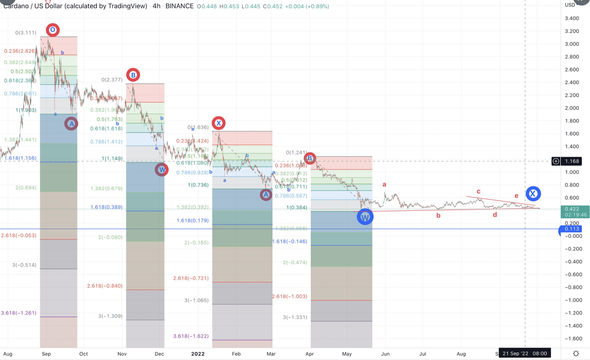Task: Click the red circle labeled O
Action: point(53,30)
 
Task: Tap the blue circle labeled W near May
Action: point(365,217)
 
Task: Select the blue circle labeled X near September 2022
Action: point(533,193)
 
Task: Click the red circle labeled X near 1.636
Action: point(219,123)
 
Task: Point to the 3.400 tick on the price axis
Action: point(572,18)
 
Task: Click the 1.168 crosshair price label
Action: point(572,161)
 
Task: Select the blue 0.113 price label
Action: point(572,229)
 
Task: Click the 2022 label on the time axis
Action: point(198,354)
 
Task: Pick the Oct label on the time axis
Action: point(84,354)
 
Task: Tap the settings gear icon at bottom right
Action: point(576,354)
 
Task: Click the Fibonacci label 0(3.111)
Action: point(26,33)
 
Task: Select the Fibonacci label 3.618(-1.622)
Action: point(191,336)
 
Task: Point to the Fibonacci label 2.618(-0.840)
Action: point(105,286)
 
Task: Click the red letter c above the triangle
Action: point(479,192)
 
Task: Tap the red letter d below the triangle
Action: point(495,215)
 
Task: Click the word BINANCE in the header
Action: point(179,6)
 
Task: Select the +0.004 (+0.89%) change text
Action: point(307,6)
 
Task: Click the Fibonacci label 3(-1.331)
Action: point(295,317)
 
